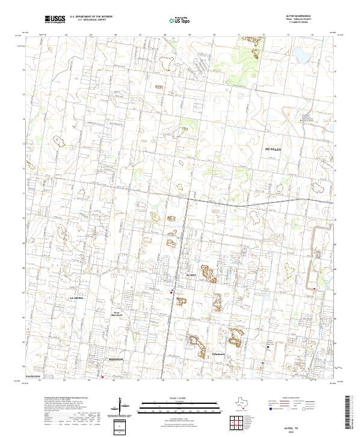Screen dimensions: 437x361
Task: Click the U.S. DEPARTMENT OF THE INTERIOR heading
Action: click(x=91, y=17)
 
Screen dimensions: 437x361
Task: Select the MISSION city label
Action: click(x=116, y=359)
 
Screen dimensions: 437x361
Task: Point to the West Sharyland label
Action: click(x=118, y=313)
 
